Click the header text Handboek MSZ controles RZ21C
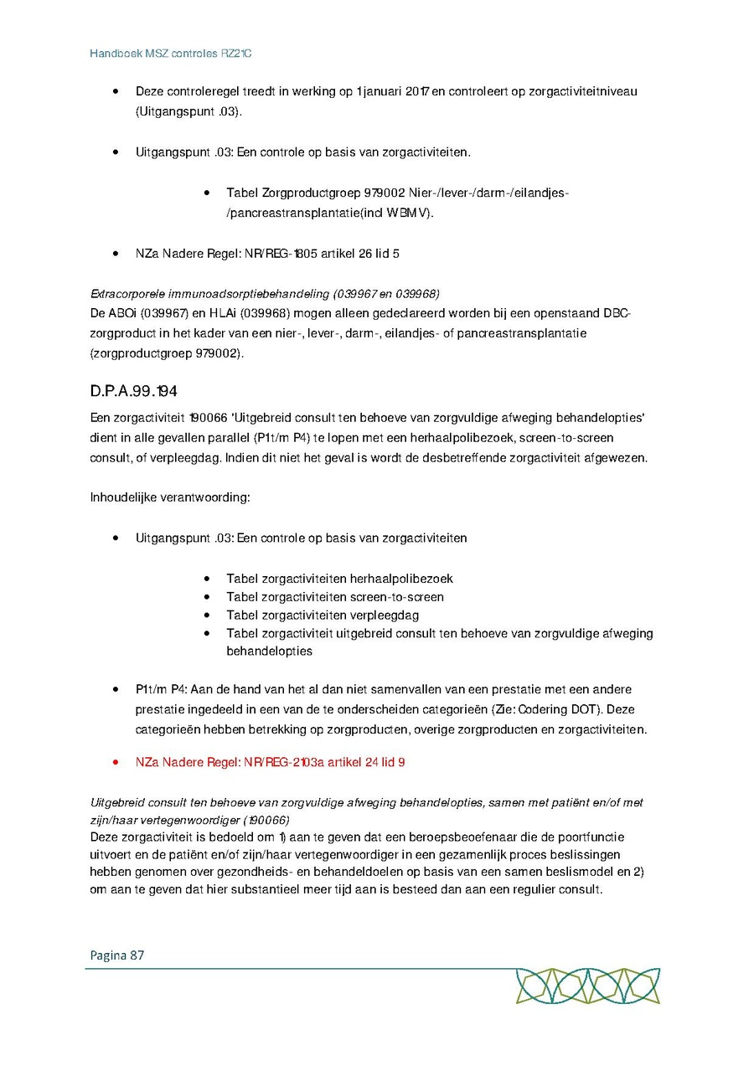tap(171, 54)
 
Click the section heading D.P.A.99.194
tap(133, 392)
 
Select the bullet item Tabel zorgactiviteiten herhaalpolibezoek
tap(339, 579)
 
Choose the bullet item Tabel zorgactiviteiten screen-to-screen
tap(335, 597)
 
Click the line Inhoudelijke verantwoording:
tap(170, 497)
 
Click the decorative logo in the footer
tap(587, 986)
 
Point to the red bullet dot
tap(116, 764)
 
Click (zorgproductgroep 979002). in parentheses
tap(168, 353)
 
